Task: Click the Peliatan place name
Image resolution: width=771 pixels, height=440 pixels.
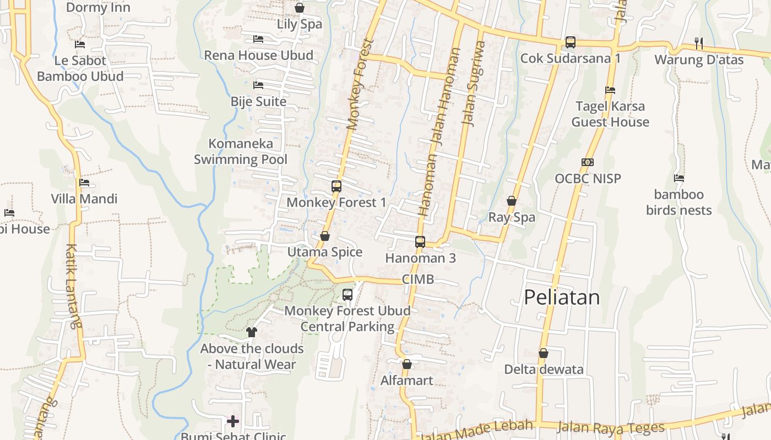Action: pyautogui.click(x=561, y=297)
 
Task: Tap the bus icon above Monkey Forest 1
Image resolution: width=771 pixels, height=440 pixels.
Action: pyautogui.click(x=336, y=186)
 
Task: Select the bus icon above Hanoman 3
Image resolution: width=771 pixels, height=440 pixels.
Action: pyautogui.click(x=420, y=241)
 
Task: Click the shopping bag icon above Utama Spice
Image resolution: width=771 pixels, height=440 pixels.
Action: pyautogui.click(x=325, y=236)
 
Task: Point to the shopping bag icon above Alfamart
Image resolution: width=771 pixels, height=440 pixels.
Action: pyautogui.click(x=407, y=364)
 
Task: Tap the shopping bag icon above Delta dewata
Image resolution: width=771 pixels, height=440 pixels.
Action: pyautogui.click(x=544, y=353)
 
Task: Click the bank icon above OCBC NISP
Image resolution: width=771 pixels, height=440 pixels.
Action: pyautogui.click(x=588, y=162)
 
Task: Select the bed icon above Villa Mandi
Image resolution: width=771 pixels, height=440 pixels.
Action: pyautogui.click(x=84, y=183)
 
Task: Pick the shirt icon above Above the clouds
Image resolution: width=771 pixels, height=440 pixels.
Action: pyautogui.click(x=252, y=332)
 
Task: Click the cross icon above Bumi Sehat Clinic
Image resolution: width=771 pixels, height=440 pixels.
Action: pyautogui.click(x=233, y=421)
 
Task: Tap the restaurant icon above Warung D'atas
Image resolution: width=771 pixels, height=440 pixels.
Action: pyautogui.click(x=699, y=43)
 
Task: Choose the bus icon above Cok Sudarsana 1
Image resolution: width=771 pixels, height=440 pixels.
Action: pyautogui.click(x=571, y=42)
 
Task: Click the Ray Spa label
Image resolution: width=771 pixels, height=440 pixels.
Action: pyautogui.click(x=512, y=217)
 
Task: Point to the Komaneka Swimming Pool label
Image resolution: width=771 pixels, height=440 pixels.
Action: pyautogui.click(x=241, y=152)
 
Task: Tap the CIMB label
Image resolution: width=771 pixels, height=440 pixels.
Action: pyautogui.click(x=418, y=279)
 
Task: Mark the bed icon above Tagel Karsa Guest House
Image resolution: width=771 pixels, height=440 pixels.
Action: pyautogui.click(x=610, y=90)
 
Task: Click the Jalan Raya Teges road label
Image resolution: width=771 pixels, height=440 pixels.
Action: pyautogui.click(x=611, y=427)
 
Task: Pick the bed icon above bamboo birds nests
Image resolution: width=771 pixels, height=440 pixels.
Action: pyautogui.click(x=679, y=178)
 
